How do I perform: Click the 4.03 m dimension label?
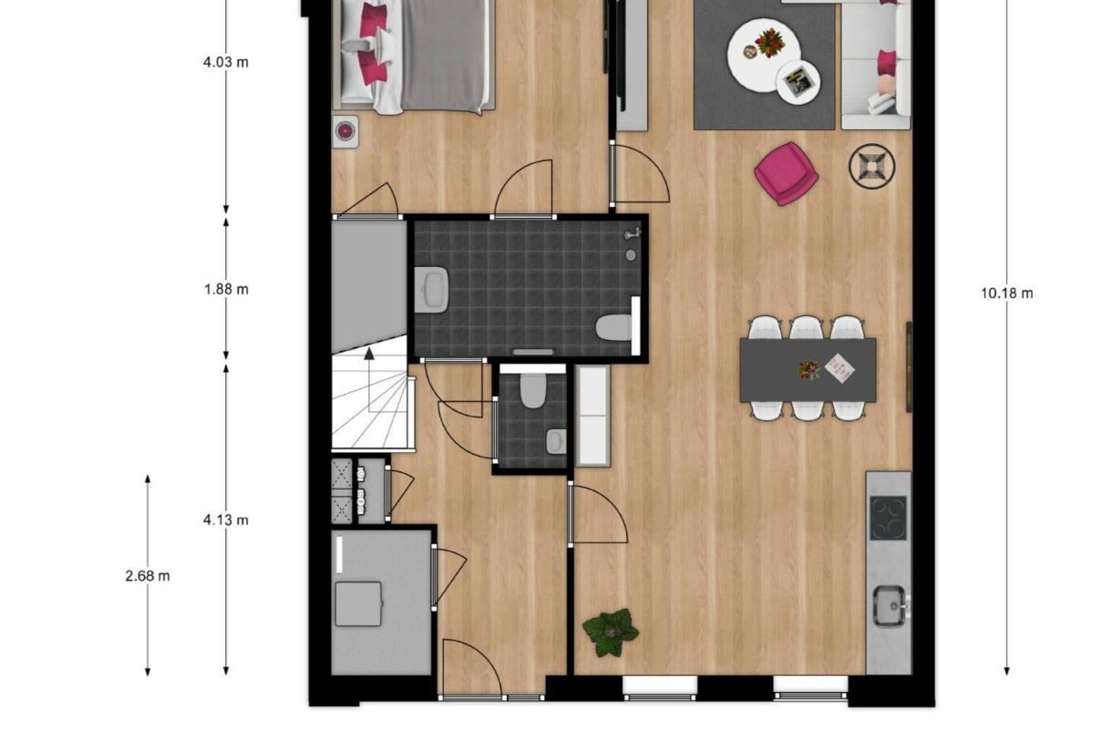226,63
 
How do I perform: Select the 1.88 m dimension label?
226,290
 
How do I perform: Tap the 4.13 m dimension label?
226,520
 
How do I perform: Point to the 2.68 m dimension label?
148,576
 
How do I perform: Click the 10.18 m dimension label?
1007,293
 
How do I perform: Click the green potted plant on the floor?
610,631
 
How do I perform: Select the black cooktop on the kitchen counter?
888,518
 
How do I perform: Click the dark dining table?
808,369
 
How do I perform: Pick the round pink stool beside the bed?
345,131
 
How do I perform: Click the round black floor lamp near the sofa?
872,167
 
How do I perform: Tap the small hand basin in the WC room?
555,441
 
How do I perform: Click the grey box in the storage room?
358,603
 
